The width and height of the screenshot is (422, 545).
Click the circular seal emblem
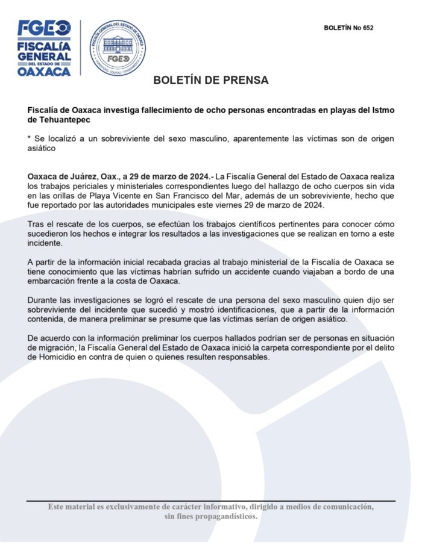pos(118,48)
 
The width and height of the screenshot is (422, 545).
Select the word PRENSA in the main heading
pos(245,80)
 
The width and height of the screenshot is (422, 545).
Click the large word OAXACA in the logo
pos(45,70)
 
